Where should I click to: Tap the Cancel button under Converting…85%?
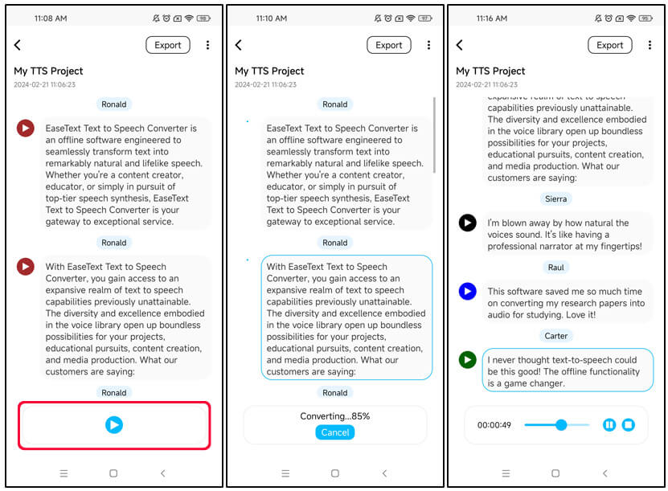click(x=334, y=432)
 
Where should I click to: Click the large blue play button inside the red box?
click(x=114, y=424)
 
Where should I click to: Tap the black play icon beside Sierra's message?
click(x=467, y=223)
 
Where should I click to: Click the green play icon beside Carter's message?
click(x=467, y=360)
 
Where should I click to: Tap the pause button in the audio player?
click(x=609, y=424)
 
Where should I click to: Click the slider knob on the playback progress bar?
click(x=561, y=424)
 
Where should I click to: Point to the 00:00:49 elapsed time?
click(x=494, y=425)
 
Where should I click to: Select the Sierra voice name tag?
click(x=555, y=198)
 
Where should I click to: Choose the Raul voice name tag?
click(x=555, y=267)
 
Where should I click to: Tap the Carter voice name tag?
click(x=555, y=336)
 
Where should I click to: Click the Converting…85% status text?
click(x=334, y=416)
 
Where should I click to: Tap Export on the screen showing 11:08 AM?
click(x=168, y=45)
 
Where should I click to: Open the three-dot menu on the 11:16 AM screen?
click(x=650, y=45)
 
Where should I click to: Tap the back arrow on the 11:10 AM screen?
click(x=239, y=45)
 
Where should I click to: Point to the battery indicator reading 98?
click(x=203, y=18)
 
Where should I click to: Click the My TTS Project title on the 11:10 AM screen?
click(x=269, y=71)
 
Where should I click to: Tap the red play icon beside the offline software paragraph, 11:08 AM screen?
click(x=25, y=128)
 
